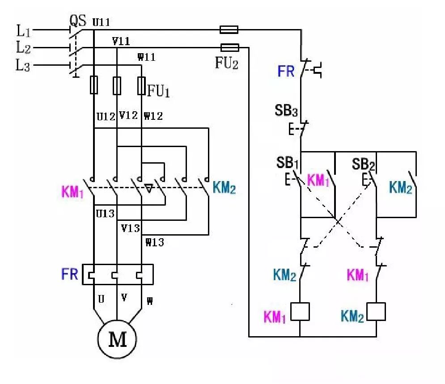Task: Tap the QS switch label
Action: point(77,20)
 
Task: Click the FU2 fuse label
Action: point(227,63)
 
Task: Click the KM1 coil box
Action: point(300,312)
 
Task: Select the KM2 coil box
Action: point(376,312)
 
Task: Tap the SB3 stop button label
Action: point(287,110)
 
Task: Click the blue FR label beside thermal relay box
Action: point(70,274)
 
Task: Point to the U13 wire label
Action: point(106,214)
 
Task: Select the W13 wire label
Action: point(154,243)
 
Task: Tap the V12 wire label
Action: point(128,115)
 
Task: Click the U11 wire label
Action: point(102,21)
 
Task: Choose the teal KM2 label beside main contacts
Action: point(225,188)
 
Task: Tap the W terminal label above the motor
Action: point(149,301)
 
